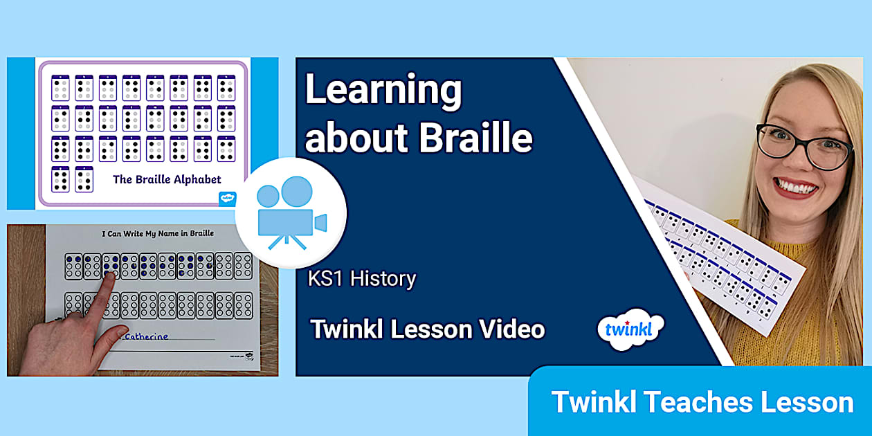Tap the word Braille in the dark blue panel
(477, 137)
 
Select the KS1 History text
(363, 279)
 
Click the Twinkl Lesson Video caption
(428, 329)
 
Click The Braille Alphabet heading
(167, 179)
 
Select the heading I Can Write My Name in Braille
(158, 234)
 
